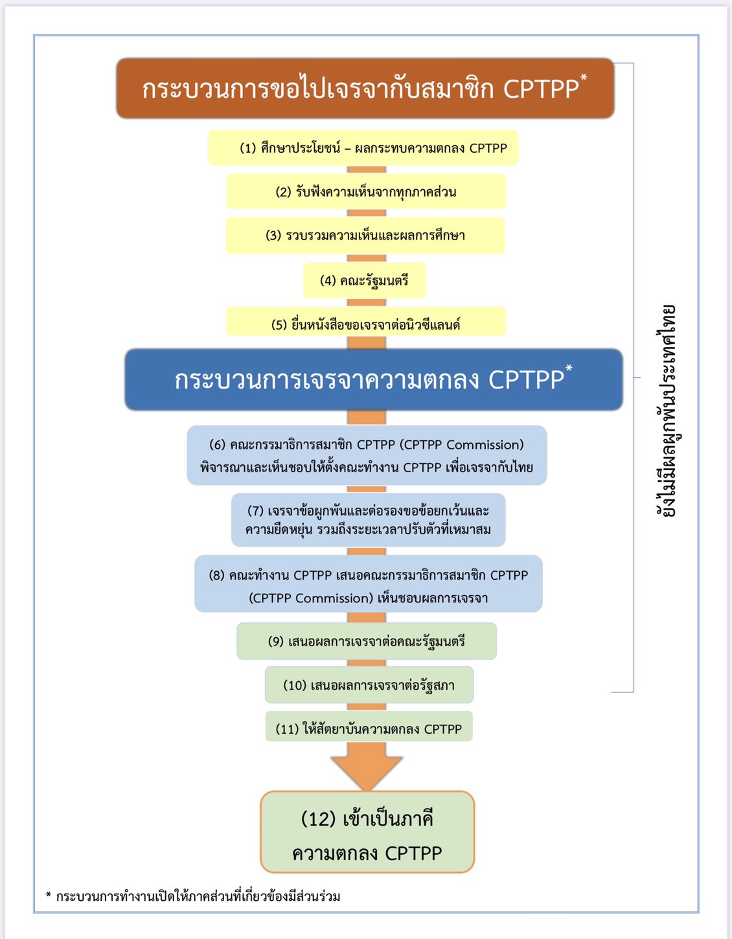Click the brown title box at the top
[x=365, y=88]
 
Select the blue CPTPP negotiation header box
[x=374, y=379]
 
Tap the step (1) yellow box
[x=363, y=148]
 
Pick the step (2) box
[x=366, y=192]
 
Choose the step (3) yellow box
[x=365, y=236]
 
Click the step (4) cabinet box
[x=364, y=280]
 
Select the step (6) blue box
[x=367, y=455]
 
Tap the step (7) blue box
[x=368, y=520]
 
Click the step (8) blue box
[x=368, y=583]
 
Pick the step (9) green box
[x=367, y=641]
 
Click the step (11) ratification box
[x=369, y=727]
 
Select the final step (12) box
[x=367, y=832]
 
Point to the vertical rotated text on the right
[x=665, y=411]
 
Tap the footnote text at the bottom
[x=193, y=896]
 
